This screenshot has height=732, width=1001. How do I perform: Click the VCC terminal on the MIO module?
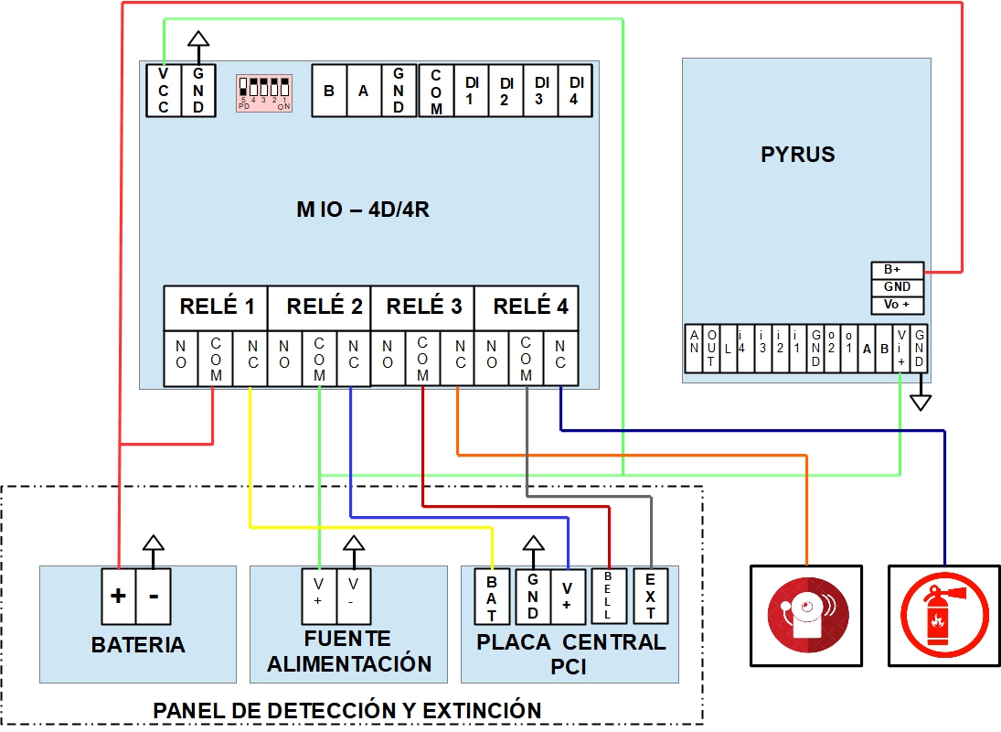click(164, 91)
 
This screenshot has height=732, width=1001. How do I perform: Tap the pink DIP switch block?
click(264, 92)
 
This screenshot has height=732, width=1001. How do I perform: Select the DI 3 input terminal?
click(539, 91)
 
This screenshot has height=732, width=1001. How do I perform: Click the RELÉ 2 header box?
click(319, 307)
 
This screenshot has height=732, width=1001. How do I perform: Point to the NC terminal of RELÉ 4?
click(560, 357)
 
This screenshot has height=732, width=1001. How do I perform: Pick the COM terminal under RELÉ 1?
click(216, 357)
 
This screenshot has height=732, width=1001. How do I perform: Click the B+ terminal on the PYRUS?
click(897, 270)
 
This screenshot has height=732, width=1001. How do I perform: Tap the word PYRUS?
click(797, 155)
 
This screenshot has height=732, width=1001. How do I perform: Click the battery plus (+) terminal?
click(118, 596)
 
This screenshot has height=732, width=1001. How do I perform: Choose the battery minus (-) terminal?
click(154, 596)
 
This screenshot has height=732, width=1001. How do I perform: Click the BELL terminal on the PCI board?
click(608, 596)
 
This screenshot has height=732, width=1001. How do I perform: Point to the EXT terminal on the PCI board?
click(650, 596)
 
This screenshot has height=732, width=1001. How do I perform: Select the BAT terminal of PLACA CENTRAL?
click(492, 596)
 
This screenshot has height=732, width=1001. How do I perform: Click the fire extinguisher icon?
click(943, 615)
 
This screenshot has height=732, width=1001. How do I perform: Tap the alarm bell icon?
click(805, 615)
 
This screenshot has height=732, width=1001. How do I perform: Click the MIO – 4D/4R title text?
click(363, 209)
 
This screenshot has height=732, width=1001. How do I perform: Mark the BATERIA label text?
click(138, 645)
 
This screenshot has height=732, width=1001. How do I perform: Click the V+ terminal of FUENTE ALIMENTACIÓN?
click(318, 591)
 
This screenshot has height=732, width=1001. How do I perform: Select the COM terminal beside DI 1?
click(436, 91)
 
